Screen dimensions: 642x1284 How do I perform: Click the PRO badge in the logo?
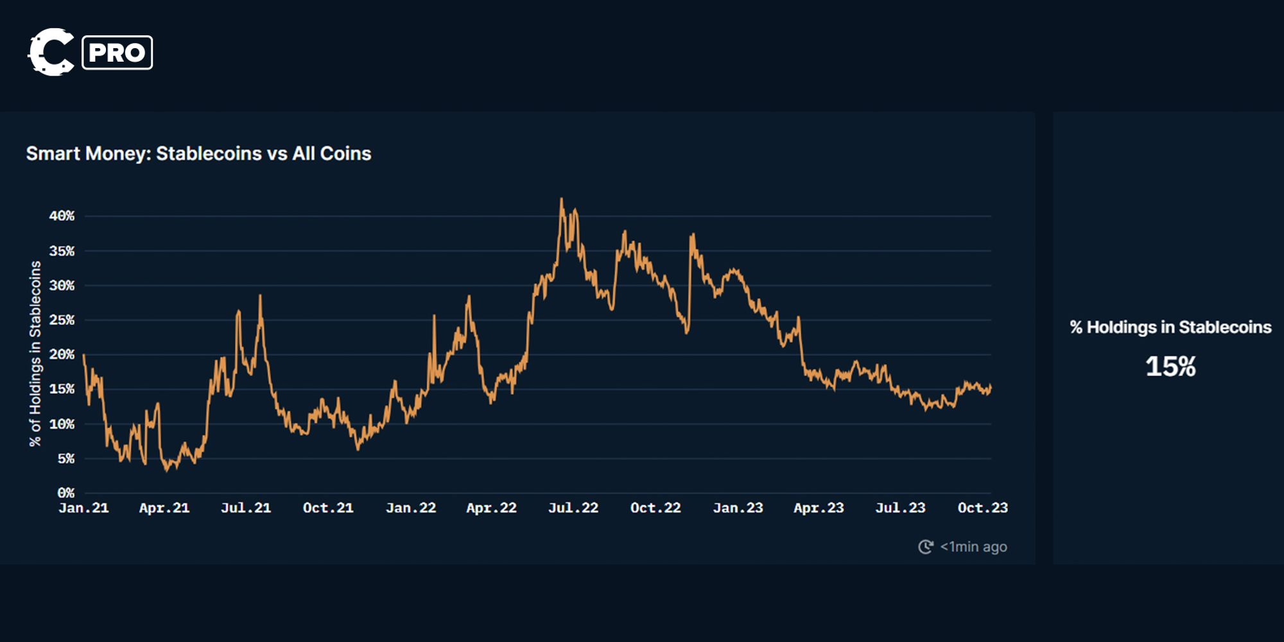117,53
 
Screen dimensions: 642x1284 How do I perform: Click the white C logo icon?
51,52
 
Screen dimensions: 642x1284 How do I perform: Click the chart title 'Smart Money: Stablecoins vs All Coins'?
198,153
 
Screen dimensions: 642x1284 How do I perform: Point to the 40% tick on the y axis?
62,216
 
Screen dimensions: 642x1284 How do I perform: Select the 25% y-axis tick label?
62,320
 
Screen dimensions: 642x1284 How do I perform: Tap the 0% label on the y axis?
65,493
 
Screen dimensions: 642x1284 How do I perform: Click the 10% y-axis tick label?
62,424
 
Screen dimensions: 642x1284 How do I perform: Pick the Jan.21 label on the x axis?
83,508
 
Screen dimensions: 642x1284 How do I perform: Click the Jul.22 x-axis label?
573,508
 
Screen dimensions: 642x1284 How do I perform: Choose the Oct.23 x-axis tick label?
982,508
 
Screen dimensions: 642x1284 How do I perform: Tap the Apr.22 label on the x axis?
491,508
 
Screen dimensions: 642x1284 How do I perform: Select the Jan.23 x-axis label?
738,508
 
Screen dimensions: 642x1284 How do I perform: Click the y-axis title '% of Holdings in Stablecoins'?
35,353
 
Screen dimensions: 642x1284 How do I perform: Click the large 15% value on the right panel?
1170,367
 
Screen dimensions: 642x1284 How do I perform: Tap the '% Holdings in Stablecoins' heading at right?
1170,327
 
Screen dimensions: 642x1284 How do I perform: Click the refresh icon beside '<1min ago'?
925,547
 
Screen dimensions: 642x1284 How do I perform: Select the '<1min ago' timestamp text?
973,547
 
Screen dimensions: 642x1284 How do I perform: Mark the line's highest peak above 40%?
561,199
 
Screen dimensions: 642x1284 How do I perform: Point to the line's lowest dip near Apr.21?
167,471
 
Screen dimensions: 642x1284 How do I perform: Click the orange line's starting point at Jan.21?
84,355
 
